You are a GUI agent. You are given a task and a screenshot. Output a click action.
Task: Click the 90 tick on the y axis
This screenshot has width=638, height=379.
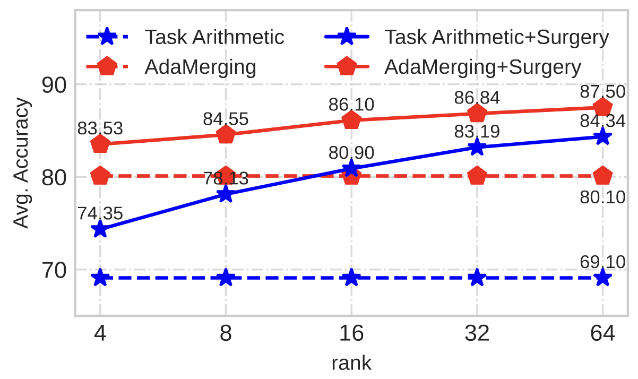click(x=56, y=85)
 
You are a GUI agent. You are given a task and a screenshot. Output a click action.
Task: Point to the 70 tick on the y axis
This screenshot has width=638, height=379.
click(x=56, y=270)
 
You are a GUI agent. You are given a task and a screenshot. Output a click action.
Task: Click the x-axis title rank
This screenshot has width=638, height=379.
click(x=351, y=363)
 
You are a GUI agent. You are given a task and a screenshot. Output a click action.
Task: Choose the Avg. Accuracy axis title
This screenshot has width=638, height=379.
click(x=21, y=163)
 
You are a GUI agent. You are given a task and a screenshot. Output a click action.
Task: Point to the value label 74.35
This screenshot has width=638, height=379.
click(x=100, y=214)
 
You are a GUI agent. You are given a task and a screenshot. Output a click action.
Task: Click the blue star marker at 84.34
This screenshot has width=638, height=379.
click(x=602, y=137)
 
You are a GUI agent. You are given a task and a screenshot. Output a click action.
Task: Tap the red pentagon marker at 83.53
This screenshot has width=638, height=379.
click(x=100, y=144)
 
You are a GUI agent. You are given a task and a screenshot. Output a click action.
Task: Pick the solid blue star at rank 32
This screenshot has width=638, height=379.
click(x=477, y=147)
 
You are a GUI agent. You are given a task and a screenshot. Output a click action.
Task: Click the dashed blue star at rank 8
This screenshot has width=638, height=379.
click(x=226, y=278)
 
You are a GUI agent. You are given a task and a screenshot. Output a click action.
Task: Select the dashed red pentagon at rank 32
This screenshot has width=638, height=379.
click(x=477, y=175)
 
